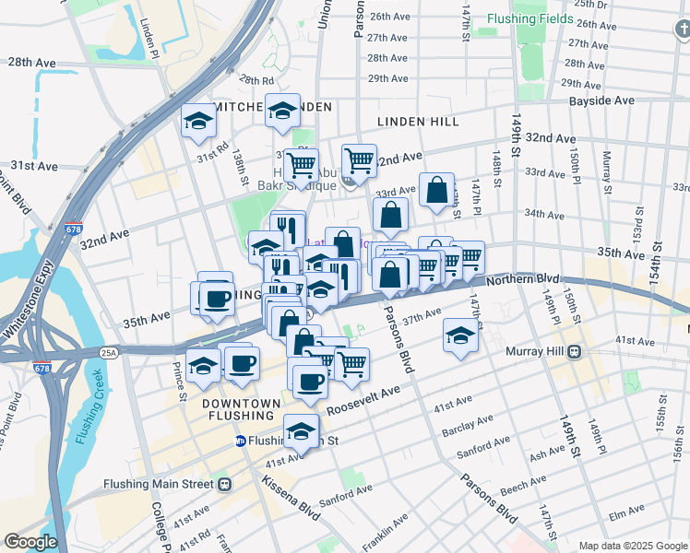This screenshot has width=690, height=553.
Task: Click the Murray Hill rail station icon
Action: point(574,351)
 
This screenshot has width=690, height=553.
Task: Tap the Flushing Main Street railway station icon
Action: point(223,483)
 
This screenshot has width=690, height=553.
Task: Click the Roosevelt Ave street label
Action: point(364,397)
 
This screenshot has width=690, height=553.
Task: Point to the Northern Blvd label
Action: point(523,277)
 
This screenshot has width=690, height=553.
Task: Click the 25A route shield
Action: point(110,352)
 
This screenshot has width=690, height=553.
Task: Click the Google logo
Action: point(30,541)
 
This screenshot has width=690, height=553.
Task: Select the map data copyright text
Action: point(633,546)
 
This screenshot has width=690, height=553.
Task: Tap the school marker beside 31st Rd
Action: point(198,122)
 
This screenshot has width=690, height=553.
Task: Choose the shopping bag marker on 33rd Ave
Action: point(436,190)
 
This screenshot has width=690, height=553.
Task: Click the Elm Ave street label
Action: point(626,509)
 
